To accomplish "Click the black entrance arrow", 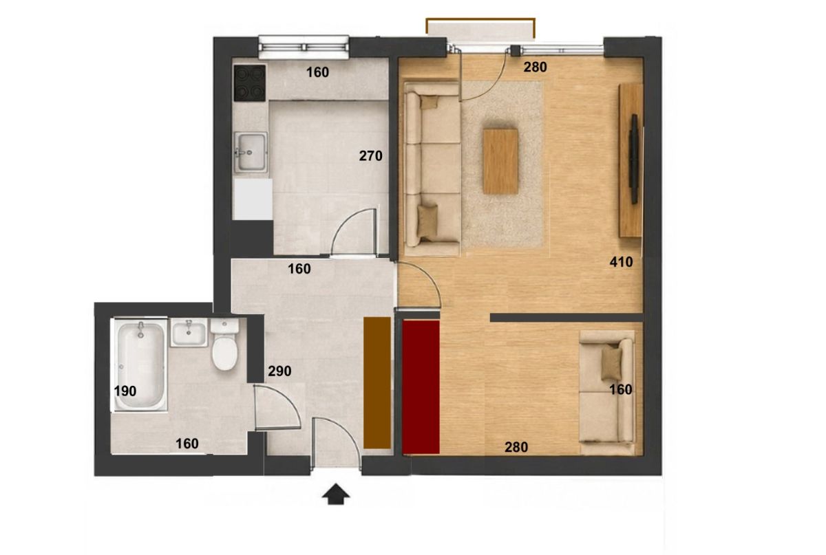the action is (x=335, y=494).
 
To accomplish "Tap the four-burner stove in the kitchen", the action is (x=250, y=83).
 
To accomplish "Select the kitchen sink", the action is (x=251, y=152).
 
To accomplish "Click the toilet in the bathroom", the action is (x=224, y=344).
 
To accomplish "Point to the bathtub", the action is (x=140, y=365).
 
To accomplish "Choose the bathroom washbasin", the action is (x=189, y=332).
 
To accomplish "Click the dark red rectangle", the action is (x=421, y=387).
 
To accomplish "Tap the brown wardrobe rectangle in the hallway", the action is (x=377, y=382).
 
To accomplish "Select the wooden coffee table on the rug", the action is (x=500, y=162).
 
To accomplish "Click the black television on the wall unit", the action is (x=634, y=159).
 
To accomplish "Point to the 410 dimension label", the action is (x=621, y=262).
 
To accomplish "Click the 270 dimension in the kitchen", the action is (x=370, y=156).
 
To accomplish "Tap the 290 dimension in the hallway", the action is (x=279, y=371).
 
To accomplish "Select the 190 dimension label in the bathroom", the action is (x=125, y=391).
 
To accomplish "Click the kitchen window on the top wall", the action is (x=304, y=47).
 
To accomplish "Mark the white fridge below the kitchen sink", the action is (x=253, y=199).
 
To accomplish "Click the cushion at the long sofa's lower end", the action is (x=427, y=221).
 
